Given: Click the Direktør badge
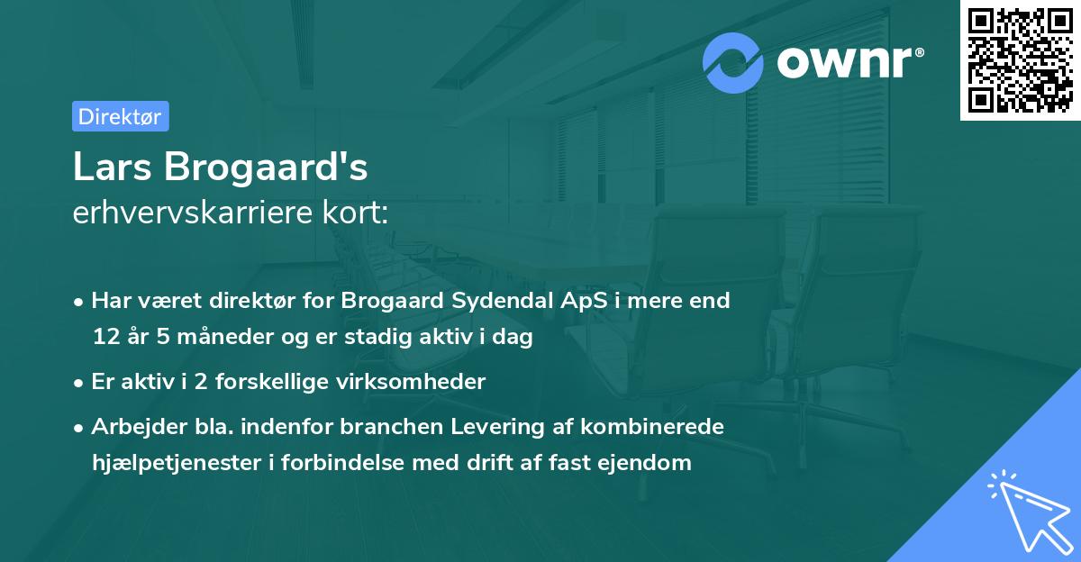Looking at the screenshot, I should point(120,116).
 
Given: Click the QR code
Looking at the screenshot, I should point(1020,60).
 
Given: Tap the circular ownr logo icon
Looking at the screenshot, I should point(733,62).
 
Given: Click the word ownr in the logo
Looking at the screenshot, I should point(845,62).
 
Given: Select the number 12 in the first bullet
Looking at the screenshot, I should point(104,338).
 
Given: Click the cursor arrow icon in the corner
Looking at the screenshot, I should point(1026,511).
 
